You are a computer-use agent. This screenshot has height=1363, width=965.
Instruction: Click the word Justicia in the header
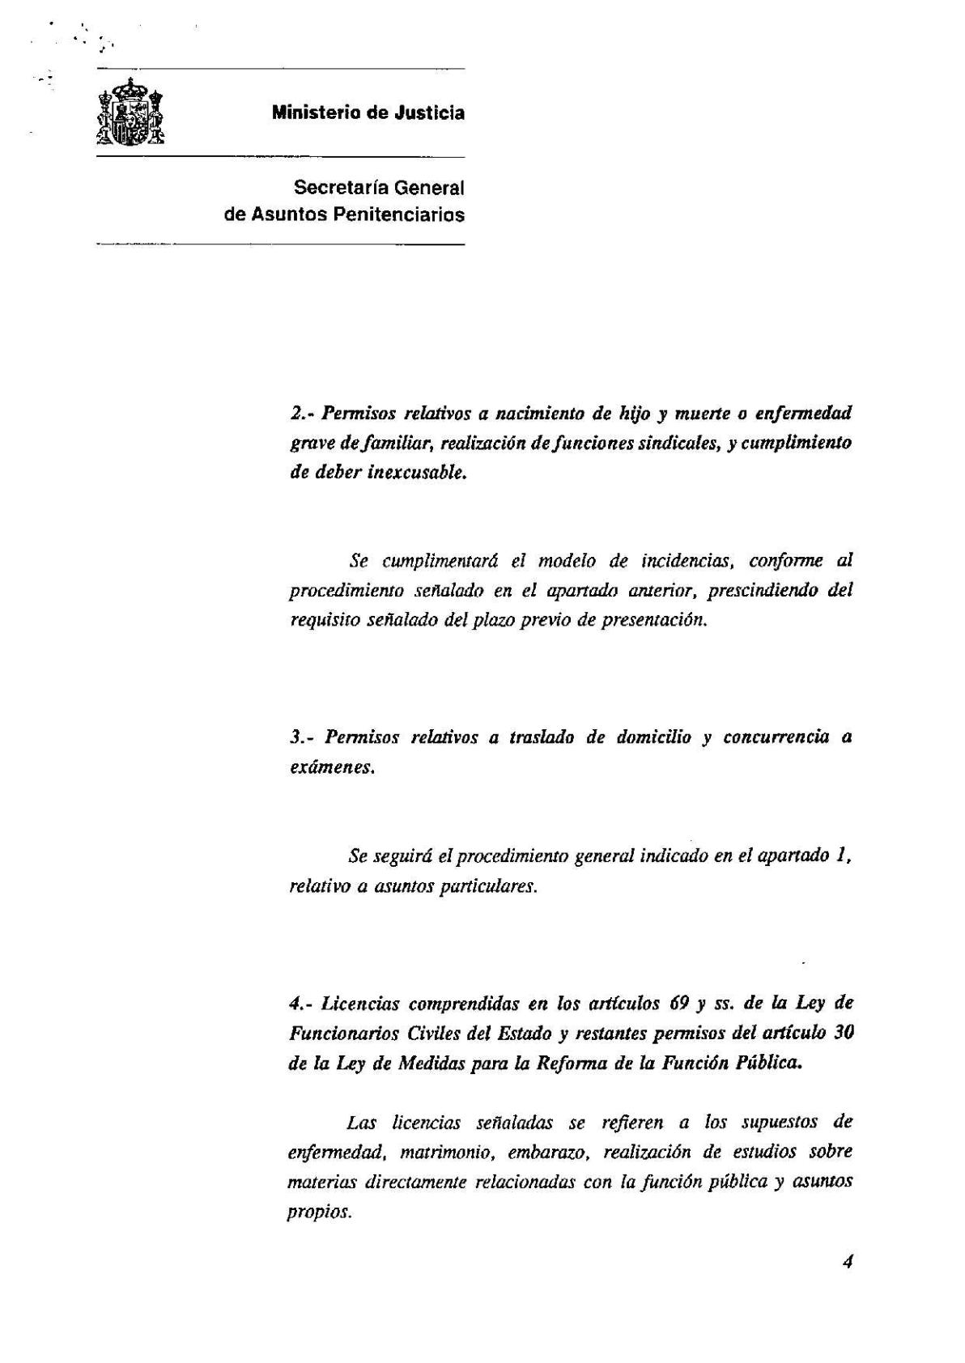429,113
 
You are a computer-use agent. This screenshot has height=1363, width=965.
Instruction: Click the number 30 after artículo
843,1034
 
